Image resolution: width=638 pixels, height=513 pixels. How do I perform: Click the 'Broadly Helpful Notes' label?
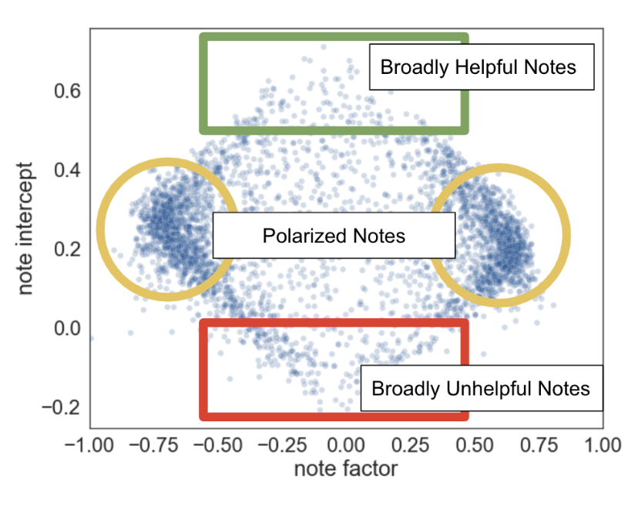[x=478, y=67]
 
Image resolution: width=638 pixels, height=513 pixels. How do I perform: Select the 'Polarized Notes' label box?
[x=333, y=236]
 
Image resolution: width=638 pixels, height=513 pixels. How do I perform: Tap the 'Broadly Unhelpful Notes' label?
[x=481, y=388]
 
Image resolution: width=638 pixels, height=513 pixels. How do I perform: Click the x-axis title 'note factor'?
[x=346, y=468]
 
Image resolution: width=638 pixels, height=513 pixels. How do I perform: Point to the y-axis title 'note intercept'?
[x=28, y=228]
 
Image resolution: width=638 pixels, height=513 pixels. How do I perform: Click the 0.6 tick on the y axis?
[x=68, y=92]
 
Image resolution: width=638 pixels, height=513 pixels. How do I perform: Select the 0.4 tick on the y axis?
[x=68, y=170]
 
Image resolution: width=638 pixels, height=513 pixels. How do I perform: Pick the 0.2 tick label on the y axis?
[x=68, y=250]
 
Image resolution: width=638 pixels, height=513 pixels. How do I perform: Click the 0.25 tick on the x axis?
[x=410, y=446]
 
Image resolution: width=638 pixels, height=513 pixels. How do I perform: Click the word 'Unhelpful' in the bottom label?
[x=483, y=388]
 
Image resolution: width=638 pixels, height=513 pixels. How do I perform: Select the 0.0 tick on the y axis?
[x=68, y=329]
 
